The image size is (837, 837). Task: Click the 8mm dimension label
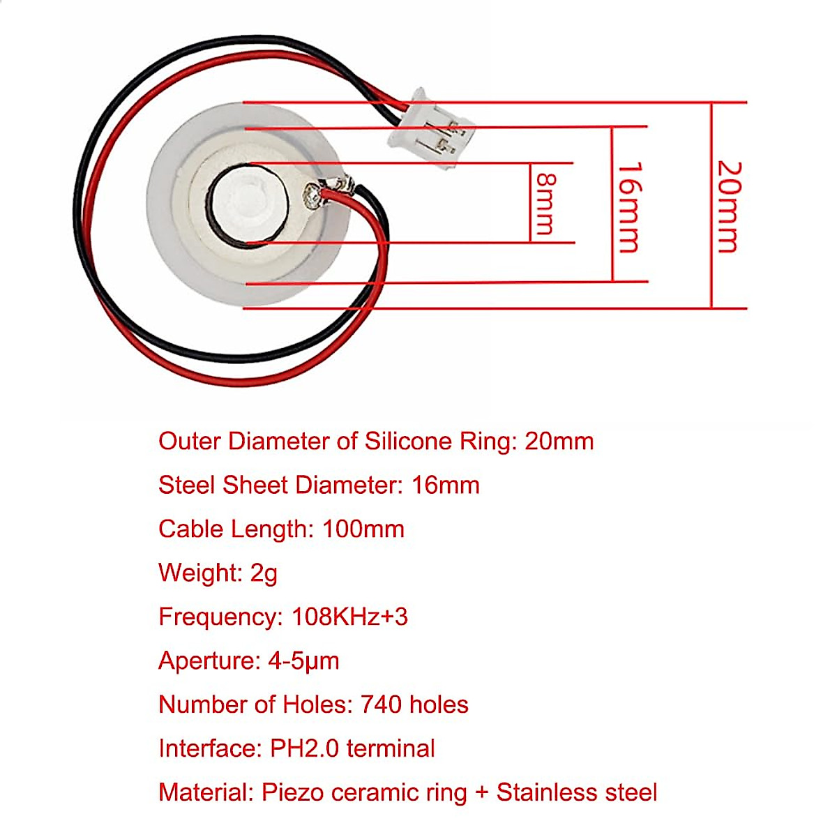[x=545, y=203]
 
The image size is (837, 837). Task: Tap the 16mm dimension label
[x=629, y=207]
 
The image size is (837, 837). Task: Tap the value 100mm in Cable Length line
[x=363, y=529]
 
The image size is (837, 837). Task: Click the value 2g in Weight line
[x=264, y=573]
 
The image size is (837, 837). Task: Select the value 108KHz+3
[x=349, y=617]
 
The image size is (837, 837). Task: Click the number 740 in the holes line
[x=381, y=704]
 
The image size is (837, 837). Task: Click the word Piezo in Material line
[x=292, y=792]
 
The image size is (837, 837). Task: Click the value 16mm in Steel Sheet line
[x=446, y=485]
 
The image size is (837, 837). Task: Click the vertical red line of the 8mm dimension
[x=531, y=203]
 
